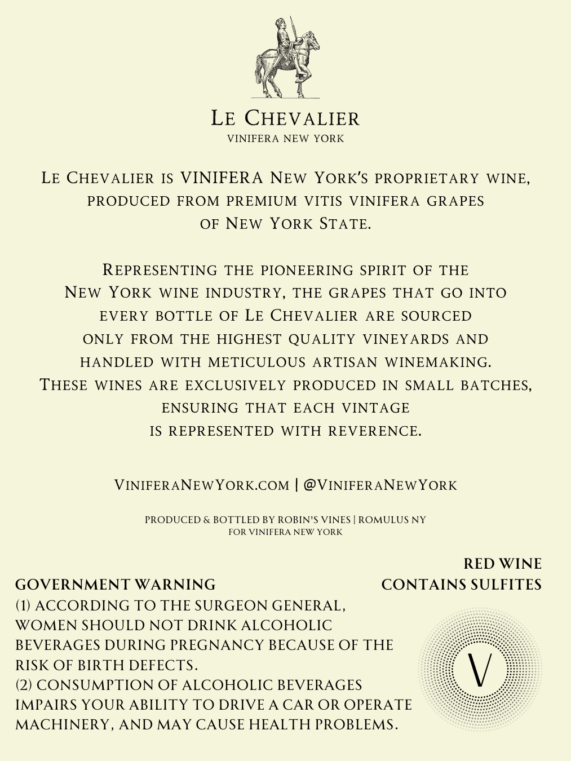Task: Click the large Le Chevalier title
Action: [x=285, y=118]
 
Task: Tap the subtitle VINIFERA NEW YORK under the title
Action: [x=285, y=139]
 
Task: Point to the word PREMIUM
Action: [x=262, y=201]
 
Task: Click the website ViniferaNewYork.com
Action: [x=202, y=485]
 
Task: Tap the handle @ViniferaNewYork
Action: [x=380, y=485]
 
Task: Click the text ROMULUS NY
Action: [x=392, y=520]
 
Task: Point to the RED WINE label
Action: [x=502, y=564]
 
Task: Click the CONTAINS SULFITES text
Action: [x=461, y=585]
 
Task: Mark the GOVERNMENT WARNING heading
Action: [x=116, y=585]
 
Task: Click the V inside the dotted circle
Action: [x=480, y=669]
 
